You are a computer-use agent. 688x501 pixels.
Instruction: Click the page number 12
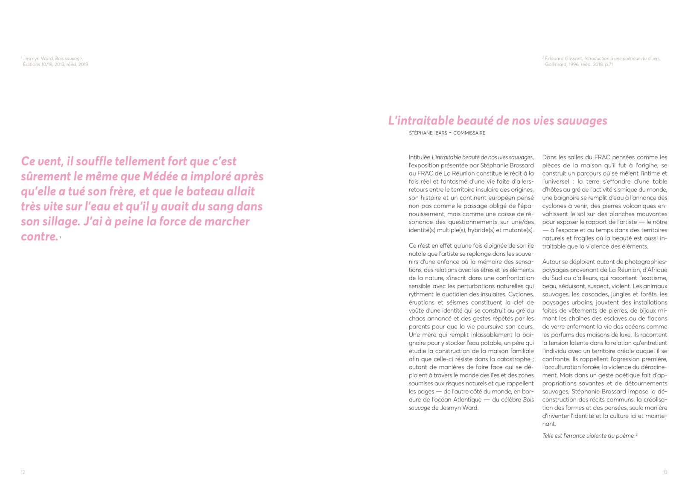point(23,472)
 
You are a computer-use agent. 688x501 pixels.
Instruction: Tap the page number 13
point(665,472)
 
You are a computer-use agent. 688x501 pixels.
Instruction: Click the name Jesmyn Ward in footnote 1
point(38,59)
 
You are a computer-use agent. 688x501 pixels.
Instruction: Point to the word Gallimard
point(555,64)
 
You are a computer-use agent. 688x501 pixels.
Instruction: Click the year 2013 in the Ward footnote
point(59,64)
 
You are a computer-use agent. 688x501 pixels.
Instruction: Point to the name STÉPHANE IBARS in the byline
point(428,133)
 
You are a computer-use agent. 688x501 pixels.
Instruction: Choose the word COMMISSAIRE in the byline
point(469,133)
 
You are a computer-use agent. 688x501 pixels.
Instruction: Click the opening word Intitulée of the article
point(419,157)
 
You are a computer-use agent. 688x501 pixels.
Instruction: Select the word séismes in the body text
point(457,302)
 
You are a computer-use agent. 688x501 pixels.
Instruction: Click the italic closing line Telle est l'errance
point(588,436)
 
